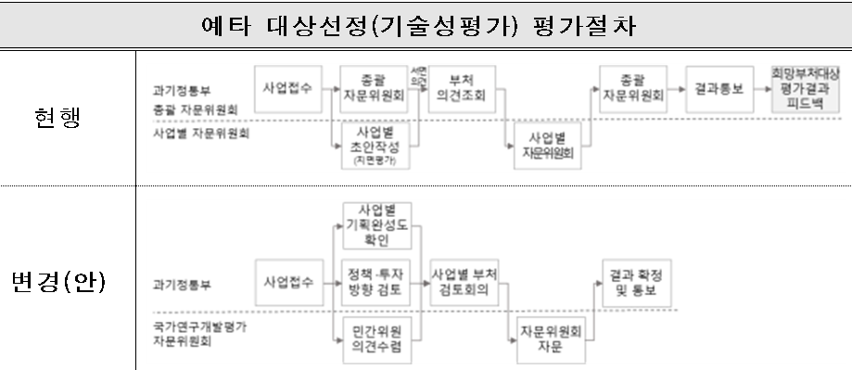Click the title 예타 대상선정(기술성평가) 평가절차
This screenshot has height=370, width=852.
(426, 24)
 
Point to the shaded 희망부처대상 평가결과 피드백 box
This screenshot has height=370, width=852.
(804, 89)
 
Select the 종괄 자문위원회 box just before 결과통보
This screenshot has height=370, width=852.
(630, 89)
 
